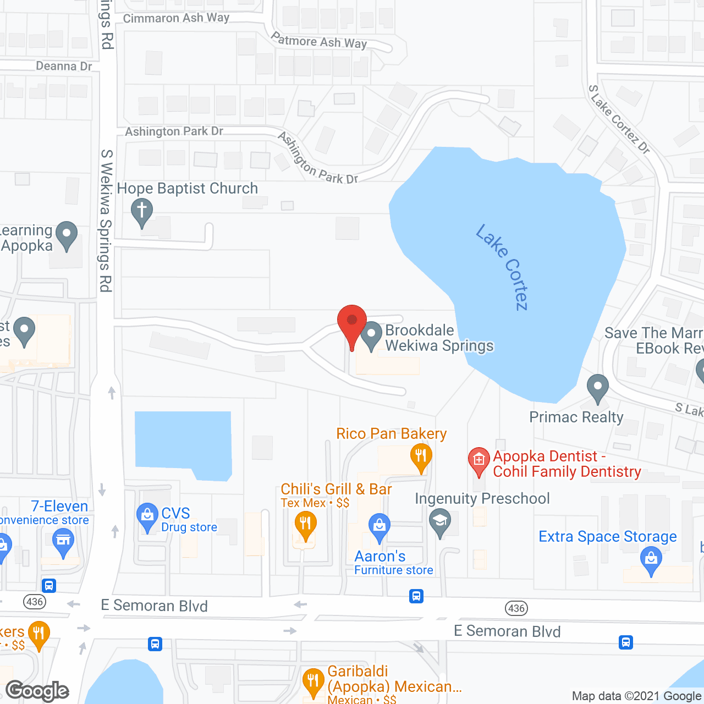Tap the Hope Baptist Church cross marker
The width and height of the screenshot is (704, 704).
click(x=142, y=211)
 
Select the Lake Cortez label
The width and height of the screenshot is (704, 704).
click(x=502, y=267)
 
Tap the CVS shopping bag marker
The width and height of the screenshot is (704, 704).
click(x=147, y=516)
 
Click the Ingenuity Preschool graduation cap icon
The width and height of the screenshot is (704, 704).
click(x=439, y=521)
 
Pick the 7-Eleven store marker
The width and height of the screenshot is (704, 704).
click(x=63, y=541)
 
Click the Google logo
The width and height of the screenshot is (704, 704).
click(x=37, y=691)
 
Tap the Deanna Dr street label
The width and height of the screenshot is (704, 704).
click(x=64, y=67)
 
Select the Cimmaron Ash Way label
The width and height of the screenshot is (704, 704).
click(x=176, y=18)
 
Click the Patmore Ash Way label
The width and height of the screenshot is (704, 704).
click(x=319, y=41)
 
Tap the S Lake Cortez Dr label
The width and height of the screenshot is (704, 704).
click(x=619, y=119)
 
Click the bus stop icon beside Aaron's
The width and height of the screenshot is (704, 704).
click(x=416, y=596)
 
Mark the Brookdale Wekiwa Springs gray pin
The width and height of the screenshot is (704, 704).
click(x=371, y=334)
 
